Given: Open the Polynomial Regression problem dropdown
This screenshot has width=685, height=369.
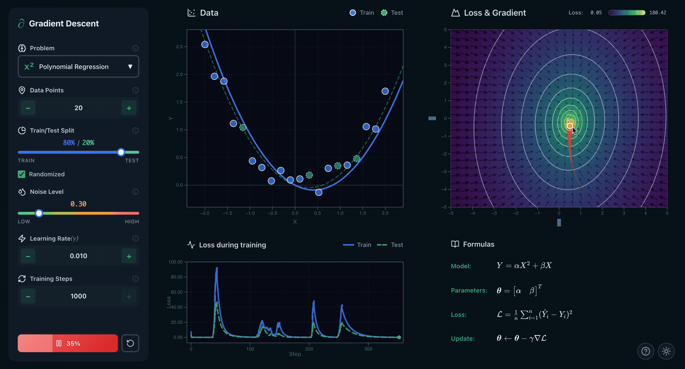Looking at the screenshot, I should tap(78, 67).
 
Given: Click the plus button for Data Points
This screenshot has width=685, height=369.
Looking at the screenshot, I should tap(129, 108).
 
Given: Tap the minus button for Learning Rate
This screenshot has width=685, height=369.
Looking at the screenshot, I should tap(28, 256).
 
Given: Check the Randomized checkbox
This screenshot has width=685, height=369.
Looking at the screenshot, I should tap(21, 174).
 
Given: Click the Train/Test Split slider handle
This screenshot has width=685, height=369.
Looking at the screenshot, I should tap(121, 152).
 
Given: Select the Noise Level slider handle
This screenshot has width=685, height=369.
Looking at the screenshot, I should tap(39, 213).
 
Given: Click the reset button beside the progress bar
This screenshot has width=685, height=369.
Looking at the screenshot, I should tap(130, 343).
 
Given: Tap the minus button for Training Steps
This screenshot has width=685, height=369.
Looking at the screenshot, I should tap(28, 296).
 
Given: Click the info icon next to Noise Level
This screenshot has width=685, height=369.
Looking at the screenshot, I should tap(135, 192).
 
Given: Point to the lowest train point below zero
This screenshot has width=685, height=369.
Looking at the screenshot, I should tap(319, 192).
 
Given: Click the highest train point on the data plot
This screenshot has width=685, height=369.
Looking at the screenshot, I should tap(205, 44).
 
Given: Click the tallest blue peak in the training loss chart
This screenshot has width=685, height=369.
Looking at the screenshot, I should tap(217, 268).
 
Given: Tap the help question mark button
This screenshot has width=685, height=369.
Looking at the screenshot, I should tap(645, 351).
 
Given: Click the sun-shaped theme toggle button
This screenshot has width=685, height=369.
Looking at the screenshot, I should tap(666, 351).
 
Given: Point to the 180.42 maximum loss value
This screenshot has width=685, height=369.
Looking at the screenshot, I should tap(657, 13).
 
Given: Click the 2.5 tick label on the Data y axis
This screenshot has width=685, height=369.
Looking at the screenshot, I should tap(179, 47).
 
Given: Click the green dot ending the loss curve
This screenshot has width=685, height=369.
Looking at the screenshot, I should tap(399, 337).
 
